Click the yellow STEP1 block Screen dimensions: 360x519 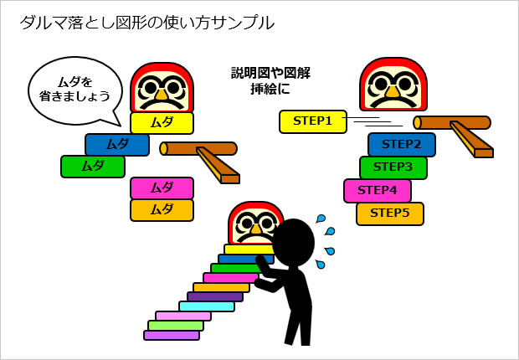pyautogui.click(x=312, y=121)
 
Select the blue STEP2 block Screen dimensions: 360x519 pyautogui.click(x=401, y=144)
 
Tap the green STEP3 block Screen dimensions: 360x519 pyautogui.click(x=393, y=167)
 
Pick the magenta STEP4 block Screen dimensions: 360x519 pyautogui.click(x=377, y=190)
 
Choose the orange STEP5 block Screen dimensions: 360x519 pyautogui.click(x=389, y=213)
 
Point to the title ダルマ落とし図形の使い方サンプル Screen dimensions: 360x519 pyautogui.click(x=146, y=23)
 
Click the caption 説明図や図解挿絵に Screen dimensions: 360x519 pyautogui.click(x=270, y=80)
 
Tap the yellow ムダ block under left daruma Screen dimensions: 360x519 pyautogui.click(x=162, y=123)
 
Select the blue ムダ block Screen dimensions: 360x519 pyautogui.click(x=116, y=145)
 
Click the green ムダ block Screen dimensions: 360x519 pyautogui.click(x=92, y=167)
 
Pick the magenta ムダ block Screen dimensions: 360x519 pyautogui.click(x=162, y=188)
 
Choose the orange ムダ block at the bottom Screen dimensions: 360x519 pyautogui.click(x=162, y=209)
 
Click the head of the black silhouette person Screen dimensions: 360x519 pyautogui.click(x=293, y=240)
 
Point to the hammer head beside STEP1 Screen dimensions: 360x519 pyautogui.click(x=452, y=123)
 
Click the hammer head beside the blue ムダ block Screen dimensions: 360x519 pyautogui.click(x=198, y=148)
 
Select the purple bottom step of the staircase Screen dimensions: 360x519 pyautogui.click(x=171, y=335)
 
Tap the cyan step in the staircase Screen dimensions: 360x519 pyautogui.click(x=206, y=306)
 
